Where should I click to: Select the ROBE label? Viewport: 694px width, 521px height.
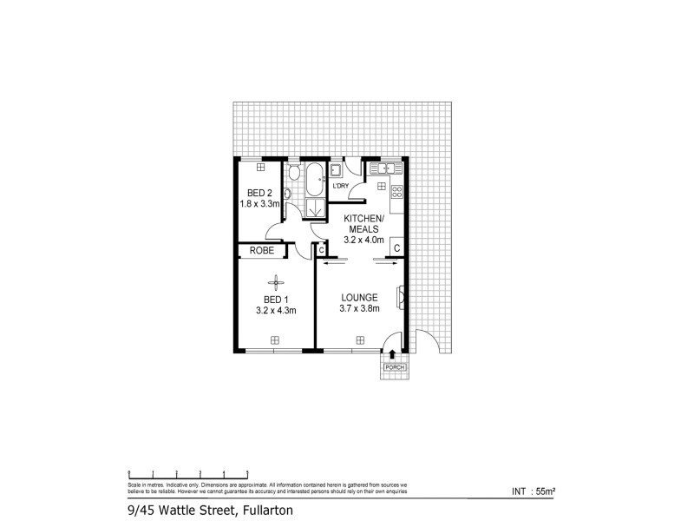point(262,250)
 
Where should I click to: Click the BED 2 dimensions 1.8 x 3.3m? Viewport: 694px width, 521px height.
point(259,204)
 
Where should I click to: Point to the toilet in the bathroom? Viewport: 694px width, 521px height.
point(293,172)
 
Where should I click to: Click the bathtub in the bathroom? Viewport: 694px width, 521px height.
point(313,180)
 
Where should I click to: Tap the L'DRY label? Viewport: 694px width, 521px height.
point(341,186)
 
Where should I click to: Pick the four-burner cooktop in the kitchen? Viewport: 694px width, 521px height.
point(397,192)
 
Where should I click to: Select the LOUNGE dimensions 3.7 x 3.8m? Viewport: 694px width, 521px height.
point(359,309)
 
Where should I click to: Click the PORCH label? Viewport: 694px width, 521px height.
point(394,368)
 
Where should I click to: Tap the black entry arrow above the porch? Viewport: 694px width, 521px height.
point(393,354)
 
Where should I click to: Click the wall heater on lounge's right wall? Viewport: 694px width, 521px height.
point(401,297)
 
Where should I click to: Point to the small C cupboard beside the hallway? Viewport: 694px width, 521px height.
point(321,250)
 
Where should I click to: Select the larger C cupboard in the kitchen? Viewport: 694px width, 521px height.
point(396,248)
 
